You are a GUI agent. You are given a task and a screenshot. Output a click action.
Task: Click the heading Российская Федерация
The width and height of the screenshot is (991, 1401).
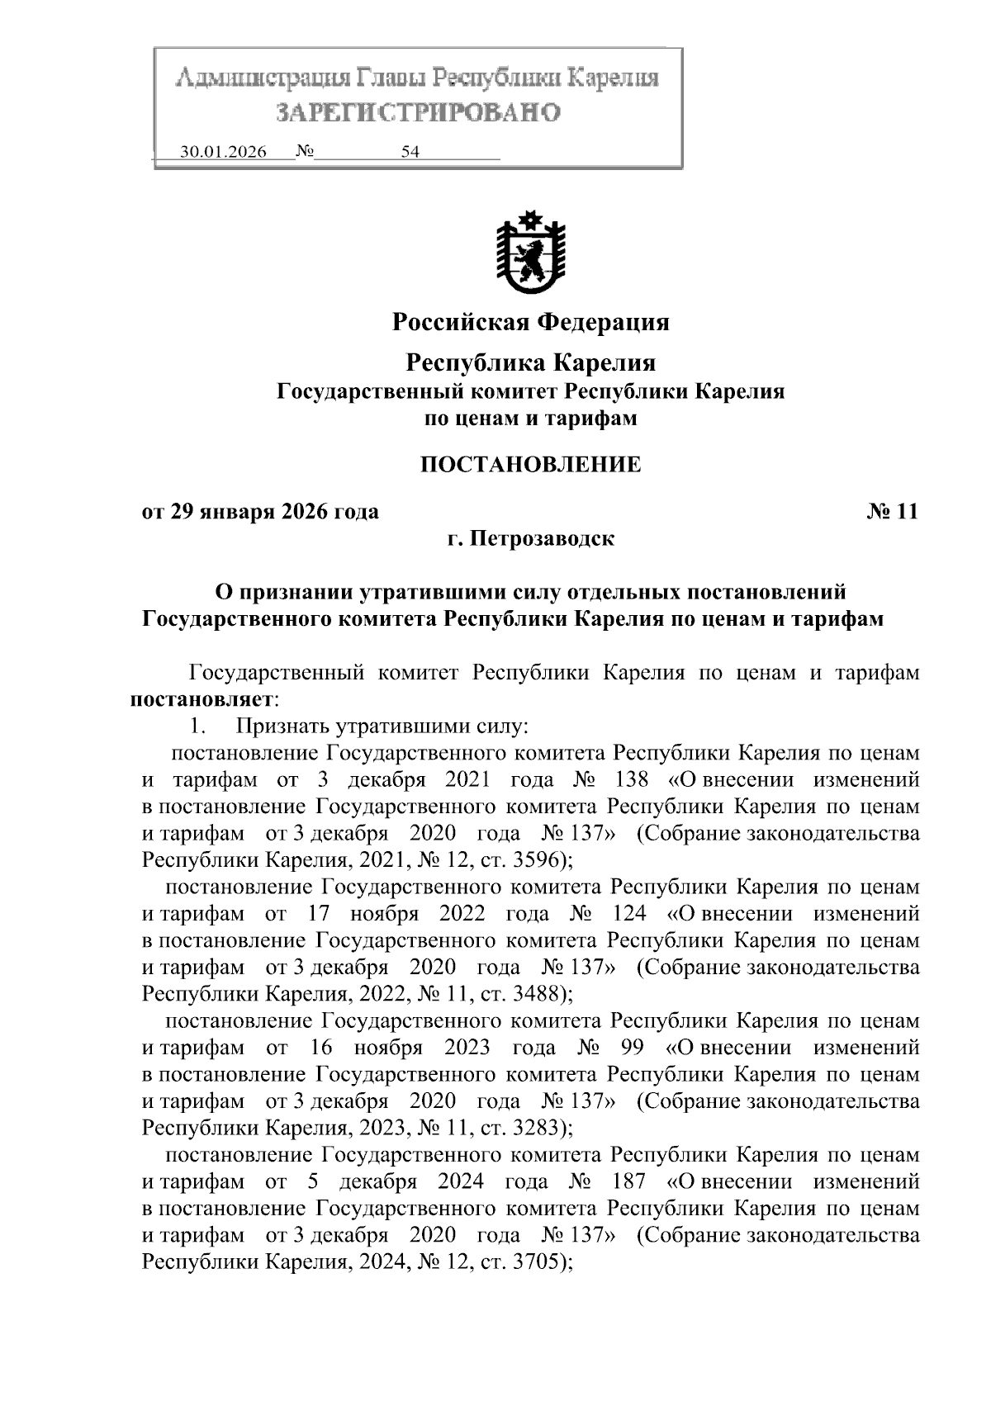(530, 322)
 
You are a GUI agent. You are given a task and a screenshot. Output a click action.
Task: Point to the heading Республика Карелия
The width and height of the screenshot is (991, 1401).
(530, 362)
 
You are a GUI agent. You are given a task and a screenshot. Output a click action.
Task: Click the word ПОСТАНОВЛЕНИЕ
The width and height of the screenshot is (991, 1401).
(530, 464)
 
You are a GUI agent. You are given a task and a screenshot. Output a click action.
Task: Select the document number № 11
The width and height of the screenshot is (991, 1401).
(892, 512)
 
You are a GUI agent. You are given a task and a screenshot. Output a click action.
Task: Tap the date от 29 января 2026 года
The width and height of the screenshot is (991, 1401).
(261, 512)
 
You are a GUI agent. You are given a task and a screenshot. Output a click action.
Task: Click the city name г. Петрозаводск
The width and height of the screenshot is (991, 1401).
(530, 539)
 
